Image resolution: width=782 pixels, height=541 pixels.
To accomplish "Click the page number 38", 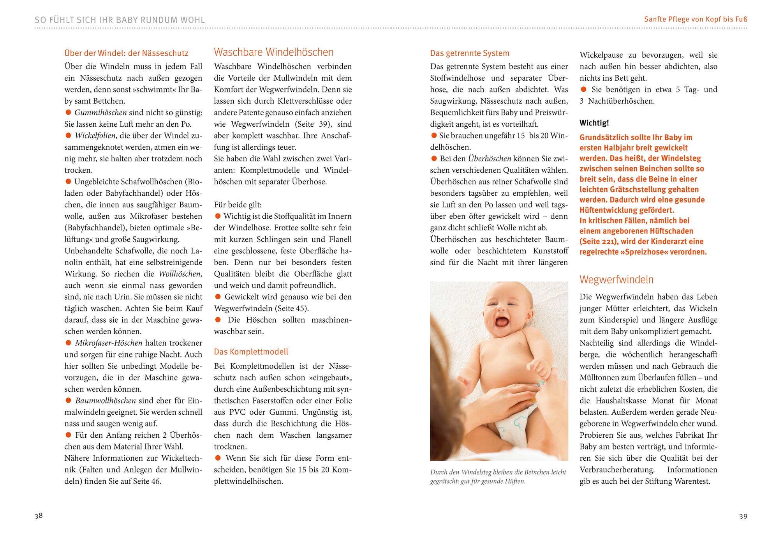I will point(39,516).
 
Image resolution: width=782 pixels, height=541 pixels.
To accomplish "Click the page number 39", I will point(743,516).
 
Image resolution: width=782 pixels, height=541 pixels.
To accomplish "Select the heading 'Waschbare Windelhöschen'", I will point(273,52).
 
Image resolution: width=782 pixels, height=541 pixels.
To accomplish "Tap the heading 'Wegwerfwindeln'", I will point(616,279).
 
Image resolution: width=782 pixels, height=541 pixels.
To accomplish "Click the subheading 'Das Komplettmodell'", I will point(251,352).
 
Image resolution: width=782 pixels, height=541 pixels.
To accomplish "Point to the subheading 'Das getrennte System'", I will point(469,53).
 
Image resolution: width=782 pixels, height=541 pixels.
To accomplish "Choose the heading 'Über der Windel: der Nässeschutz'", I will point(126,53).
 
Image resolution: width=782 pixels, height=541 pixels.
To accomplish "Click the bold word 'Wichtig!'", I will point(594,123).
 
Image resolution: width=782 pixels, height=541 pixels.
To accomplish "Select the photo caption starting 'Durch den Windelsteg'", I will point(498,476).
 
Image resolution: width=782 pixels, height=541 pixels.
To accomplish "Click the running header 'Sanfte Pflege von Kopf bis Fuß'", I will point(696,19).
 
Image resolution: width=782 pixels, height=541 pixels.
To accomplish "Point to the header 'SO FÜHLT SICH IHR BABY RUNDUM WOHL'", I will point(120,20).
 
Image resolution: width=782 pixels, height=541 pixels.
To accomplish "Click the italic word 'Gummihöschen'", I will point(100,113).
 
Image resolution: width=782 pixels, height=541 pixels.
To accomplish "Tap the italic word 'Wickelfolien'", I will point(95,136).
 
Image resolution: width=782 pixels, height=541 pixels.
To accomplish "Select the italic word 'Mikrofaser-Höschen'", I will point(109,343).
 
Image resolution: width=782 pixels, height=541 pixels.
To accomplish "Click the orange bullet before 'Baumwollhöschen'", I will point(69,400).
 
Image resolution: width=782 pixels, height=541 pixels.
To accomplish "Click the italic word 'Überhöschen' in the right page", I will point(490,159).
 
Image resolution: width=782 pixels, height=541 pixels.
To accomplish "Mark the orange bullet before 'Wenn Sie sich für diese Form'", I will point(218,458).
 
